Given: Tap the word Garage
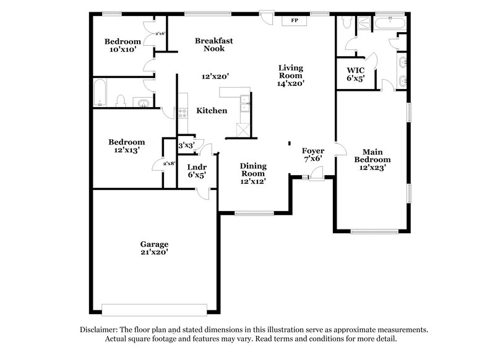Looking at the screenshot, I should pos(154,244).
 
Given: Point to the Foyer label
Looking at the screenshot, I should pos(312,150).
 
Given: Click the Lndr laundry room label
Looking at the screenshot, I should pos(197,166).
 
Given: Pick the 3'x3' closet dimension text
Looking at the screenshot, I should pos(186,145).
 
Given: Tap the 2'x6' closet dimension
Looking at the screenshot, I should pos(160,34).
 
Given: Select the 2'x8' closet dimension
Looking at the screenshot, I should pos(168,163).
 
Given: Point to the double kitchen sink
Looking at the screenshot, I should pos(245,103).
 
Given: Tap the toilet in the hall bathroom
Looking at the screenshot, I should pos(123,101).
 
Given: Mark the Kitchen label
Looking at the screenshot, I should pos(212,111).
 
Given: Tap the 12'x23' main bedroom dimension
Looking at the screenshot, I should pos(372,168).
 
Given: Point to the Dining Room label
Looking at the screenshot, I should pos(253,169).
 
